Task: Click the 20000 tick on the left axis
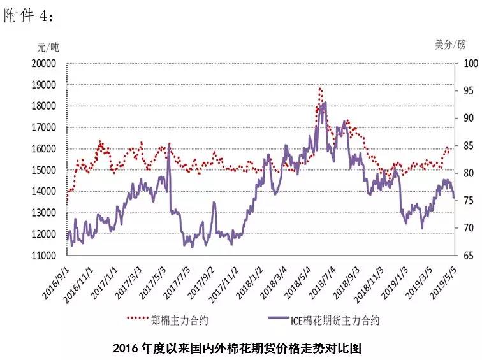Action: point(44,64)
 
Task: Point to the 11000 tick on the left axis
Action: point(44,256)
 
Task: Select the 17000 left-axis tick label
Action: point(44,127)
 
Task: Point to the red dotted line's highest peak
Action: point(320,89)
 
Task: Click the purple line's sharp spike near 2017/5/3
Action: point(169,144)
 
